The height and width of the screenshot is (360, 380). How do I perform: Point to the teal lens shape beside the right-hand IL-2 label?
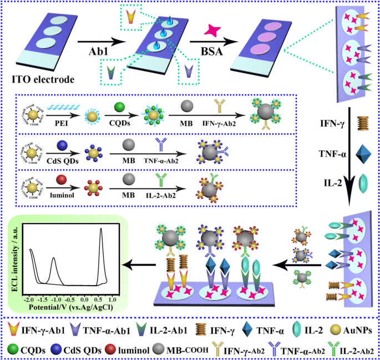[363, 184]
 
